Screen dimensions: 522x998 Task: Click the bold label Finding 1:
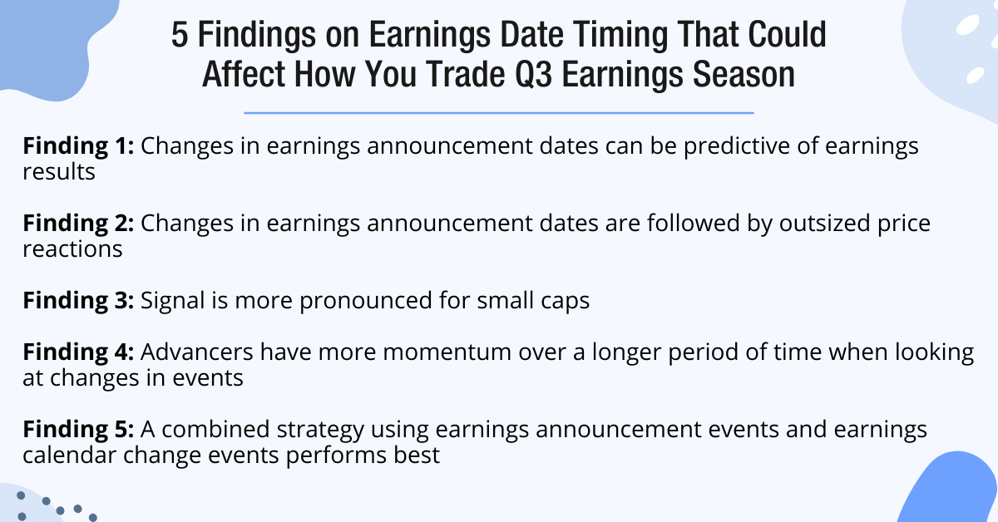[x=78, y=146]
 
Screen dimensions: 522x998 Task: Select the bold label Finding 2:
[x=78, y=223]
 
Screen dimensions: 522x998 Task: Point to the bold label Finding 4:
[x=78, y=352]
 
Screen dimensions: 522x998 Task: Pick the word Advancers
[x=200, y=352]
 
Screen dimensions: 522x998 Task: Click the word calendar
[x=72, y=456]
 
